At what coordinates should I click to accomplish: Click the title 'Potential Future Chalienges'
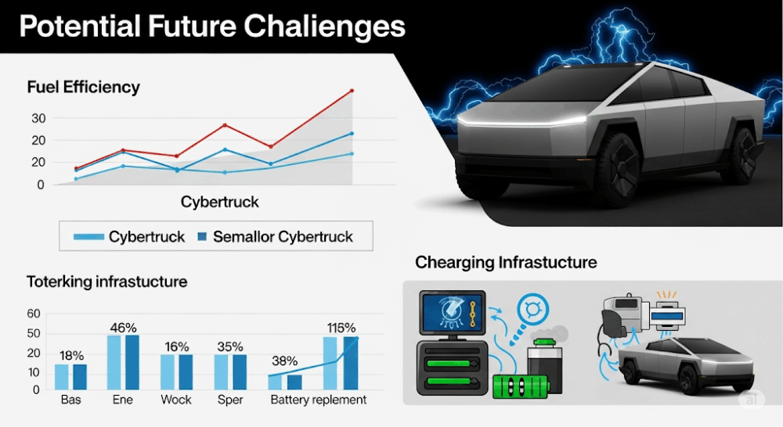point(212,27)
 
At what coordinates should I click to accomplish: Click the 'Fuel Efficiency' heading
point(84,88)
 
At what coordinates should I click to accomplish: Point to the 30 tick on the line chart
point(38,119)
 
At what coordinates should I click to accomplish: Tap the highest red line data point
point(352,91)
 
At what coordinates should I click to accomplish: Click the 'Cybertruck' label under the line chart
point(220,202)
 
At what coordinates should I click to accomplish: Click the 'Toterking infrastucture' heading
point(106,282)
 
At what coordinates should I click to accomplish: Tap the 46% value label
point(124,328)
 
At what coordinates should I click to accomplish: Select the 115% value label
point(341,328)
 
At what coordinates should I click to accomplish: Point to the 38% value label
point(285,361)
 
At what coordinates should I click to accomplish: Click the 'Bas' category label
point(71,400)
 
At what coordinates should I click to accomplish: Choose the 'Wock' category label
point(176,400)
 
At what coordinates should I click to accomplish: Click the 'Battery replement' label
point(319,400)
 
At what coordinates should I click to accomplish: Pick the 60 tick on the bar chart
point(34,314)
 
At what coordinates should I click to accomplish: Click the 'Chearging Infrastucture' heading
point(506,263)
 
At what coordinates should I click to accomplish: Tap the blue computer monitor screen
point(453,314)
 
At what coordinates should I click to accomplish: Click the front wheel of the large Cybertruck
point(617,170)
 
